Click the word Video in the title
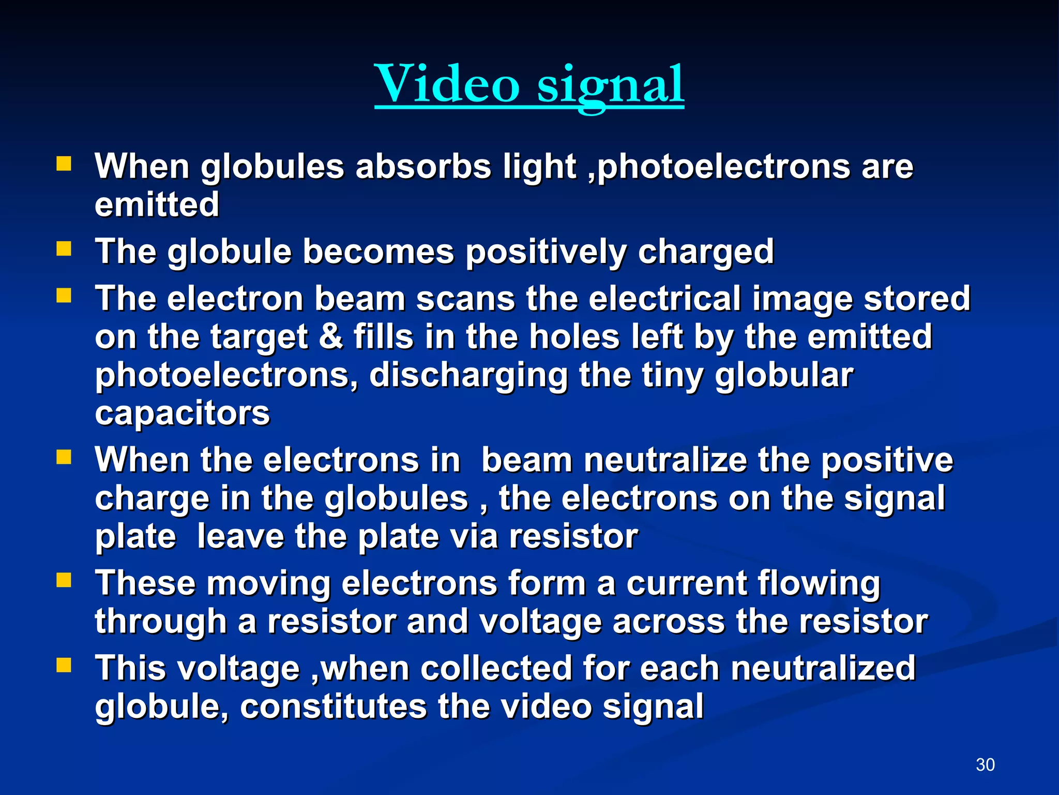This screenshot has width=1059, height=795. point(447,84)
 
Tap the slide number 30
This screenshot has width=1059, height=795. point(985,764)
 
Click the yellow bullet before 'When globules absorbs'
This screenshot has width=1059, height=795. point(64,165)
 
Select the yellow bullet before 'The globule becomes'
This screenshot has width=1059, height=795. point(64,250)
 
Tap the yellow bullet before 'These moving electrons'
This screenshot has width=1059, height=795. point(64,581)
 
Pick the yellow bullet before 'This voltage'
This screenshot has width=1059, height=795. point(64,666)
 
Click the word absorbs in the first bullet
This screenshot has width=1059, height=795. point(423,167)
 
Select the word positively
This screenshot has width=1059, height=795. point(546,252)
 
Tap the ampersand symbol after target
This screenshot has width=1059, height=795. point(331,336)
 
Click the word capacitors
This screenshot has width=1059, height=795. point(182,413)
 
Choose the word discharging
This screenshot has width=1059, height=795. point(468,375)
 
